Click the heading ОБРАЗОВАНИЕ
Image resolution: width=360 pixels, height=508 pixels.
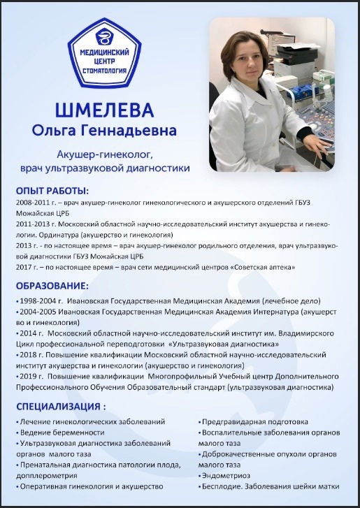[52, 286]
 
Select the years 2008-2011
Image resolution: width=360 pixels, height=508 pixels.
[30, 202]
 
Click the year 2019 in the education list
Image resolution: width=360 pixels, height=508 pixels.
[29, 376]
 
